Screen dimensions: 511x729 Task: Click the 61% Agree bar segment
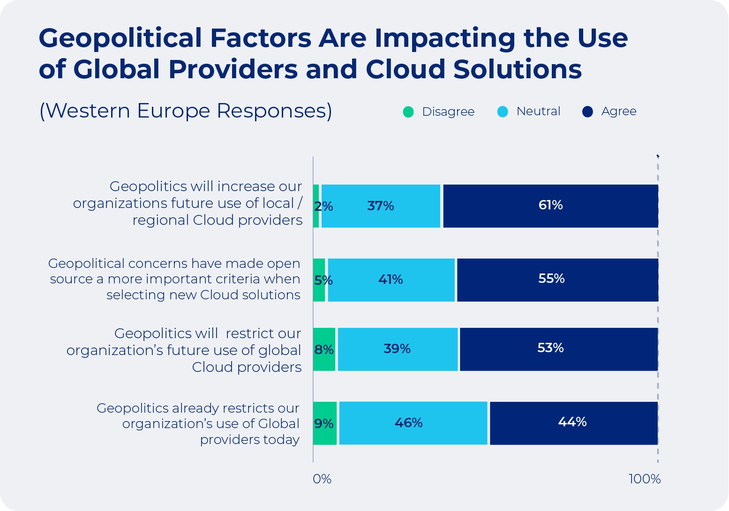[x=550, y=206]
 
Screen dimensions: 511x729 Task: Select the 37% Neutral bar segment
[x=381, y=206]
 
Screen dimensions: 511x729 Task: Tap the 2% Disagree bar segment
[x=316, y=206]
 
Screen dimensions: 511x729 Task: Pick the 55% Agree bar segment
[x=557, y=280]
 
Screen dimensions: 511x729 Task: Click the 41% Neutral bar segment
[x=391, y=280]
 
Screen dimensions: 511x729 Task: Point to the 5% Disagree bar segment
[x=319, y=280]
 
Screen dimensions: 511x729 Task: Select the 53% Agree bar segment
[x=558, y=349]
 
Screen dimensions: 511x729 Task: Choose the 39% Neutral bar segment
[x=398, y=349]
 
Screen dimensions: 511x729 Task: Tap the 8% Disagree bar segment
[x=324, y=349]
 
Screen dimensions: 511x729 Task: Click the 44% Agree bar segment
[x=573, y=423]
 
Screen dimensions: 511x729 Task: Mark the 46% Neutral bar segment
[x=413, y=423]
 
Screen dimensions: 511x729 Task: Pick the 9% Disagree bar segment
[x=325, y=423]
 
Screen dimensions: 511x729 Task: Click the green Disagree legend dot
[x=408, y=112]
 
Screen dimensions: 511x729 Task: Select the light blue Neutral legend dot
[x=503, y=112]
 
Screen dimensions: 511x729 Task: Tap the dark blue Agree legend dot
[x=587, y=112]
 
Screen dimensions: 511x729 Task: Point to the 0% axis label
[x=322, y=479]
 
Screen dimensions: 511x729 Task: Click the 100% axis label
[x=645, y=479]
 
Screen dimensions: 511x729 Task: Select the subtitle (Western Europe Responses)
[x=186, y=111]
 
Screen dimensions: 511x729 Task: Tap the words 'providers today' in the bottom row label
[x=250, y=440]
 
